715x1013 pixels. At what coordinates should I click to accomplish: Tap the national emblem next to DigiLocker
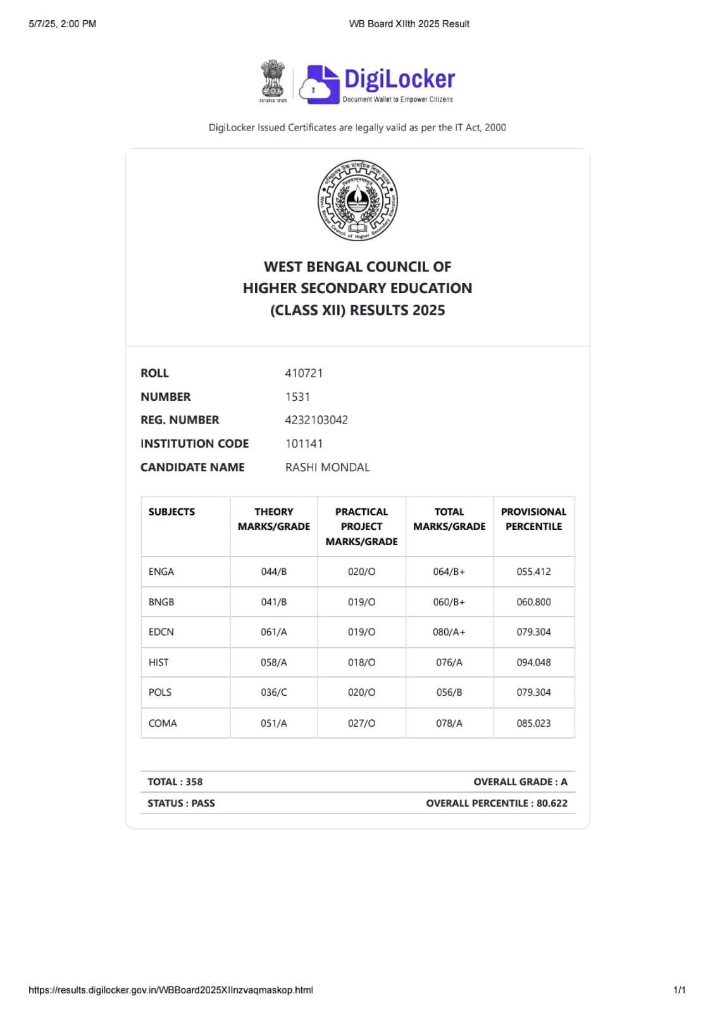[273, 81]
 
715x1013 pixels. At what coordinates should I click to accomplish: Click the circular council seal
[357, 201]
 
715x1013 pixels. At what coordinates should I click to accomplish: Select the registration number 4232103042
[316, 420]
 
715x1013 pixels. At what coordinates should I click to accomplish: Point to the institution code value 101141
[304, 443]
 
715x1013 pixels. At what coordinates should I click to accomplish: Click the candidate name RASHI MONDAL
[327, 467]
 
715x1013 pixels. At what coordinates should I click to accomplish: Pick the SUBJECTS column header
[171, 512]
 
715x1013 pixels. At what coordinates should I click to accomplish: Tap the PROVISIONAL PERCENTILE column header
[533, 519]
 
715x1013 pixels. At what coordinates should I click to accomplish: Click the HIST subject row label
[158, 662]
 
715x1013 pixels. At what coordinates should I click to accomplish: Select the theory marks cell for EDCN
[273, 632]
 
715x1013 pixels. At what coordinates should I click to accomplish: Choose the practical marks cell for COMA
[361, 723]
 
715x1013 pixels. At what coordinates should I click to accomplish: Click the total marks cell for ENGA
[449, 572]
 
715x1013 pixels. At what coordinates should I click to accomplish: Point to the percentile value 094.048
[533, 662]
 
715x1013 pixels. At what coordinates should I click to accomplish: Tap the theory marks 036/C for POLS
[273, 693]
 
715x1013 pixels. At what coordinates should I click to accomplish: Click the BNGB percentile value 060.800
[533, 602]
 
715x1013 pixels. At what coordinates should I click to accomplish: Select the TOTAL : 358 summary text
[175, 782]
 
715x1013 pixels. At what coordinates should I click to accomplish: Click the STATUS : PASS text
[181, 803]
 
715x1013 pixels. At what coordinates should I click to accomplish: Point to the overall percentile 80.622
[552, 803]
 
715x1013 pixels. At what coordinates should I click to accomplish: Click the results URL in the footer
[171, 990]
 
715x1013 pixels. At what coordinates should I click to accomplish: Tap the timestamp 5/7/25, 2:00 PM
[63, 24]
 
